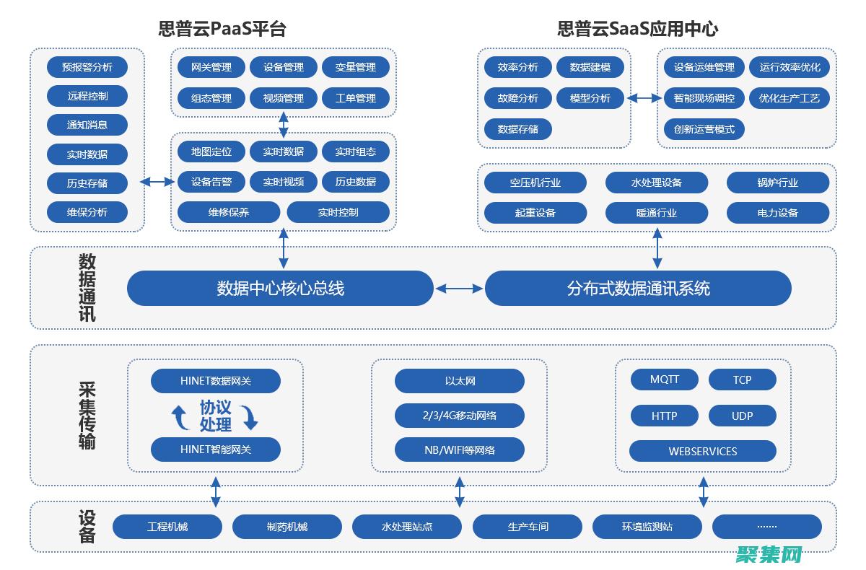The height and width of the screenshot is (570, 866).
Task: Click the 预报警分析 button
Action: (87, 67)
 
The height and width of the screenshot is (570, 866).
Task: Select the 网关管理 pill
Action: (211, 67)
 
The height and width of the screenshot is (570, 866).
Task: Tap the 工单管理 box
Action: (356, 98)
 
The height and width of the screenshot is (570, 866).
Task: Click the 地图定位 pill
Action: (211, 152)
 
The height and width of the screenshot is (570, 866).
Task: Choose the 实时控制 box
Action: (338, 212)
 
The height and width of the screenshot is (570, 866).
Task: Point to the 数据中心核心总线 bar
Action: (280, 289)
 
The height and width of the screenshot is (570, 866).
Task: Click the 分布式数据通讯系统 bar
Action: (638, 289)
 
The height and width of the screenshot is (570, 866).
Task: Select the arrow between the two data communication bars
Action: (460, 289)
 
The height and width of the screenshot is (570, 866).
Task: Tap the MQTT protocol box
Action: (665, 380)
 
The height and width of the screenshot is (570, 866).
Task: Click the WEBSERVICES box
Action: (703, 451)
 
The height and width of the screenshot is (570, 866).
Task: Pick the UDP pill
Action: (743, 416)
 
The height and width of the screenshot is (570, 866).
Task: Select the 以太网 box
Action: (460, 381)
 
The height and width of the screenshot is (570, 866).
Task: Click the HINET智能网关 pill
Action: (216, 450)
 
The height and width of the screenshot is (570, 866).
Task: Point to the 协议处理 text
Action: (215, 416)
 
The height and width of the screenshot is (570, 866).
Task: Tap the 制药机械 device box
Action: (287, 527)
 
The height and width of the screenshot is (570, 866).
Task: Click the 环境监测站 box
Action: (647, 527)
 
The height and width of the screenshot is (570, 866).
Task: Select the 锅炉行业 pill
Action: (778, 183)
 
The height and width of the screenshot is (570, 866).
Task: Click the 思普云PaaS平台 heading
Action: (222, 29)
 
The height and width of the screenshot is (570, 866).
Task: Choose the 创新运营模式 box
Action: (704, 129)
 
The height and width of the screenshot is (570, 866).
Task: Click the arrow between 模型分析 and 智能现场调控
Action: (644, 98)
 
